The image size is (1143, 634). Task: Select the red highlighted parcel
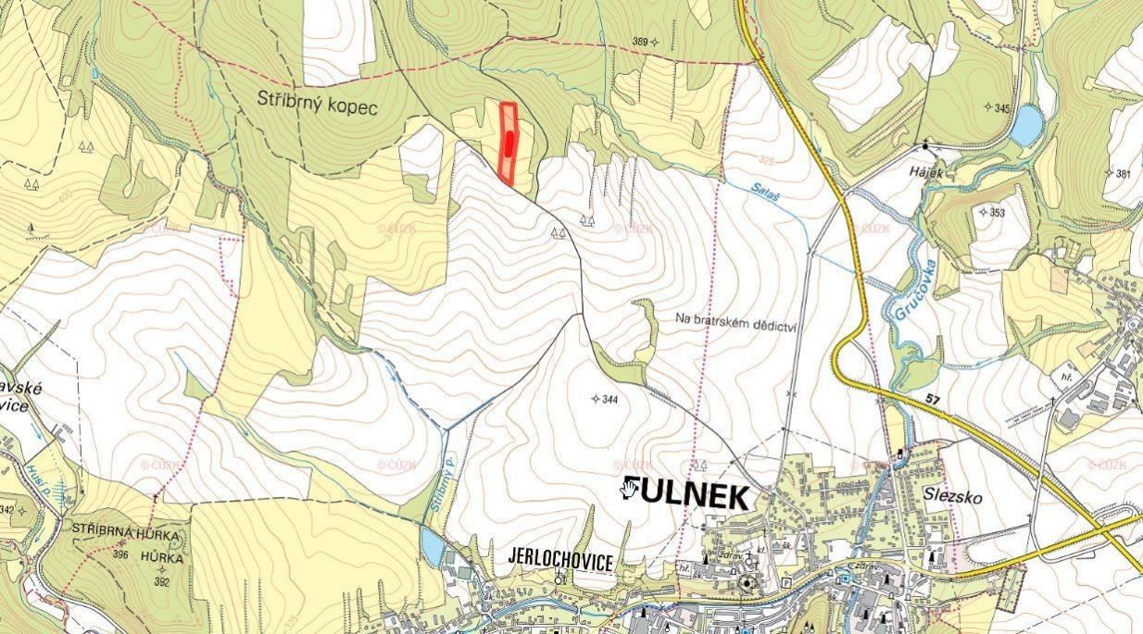tap(508, 143)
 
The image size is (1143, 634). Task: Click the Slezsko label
tap(952, 496)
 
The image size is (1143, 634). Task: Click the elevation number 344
tap(609, 400)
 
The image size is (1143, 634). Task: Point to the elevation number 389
tap(639, 42)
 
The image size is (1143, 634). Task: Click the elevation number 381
tap(1124, 173)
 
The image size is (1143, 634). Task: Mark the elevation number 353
tap(997, 213)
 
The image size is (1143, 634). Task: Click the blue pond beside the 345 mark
tap(1026, 126)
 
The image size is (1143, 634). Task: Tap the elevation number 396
tap(120, 555)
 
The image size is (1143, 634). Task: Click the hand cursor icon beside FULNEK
tap(630, 488)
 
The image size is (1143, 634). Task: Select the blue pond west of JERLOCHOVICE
tap(432, 546)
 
